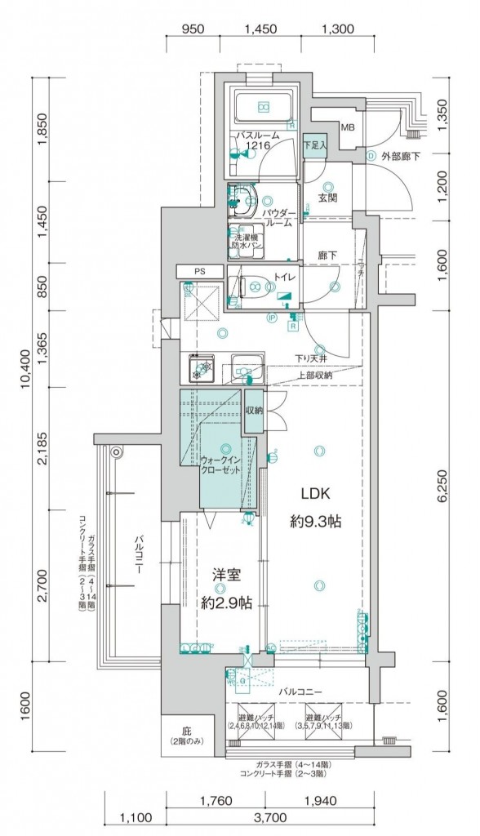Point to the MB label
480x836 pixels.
(348, 128)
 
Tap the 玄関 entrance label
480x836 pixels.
(328, 198)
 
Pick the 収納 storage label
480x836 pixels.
(254, 409)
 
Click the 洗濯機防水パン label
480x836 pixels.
(244, 242)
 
